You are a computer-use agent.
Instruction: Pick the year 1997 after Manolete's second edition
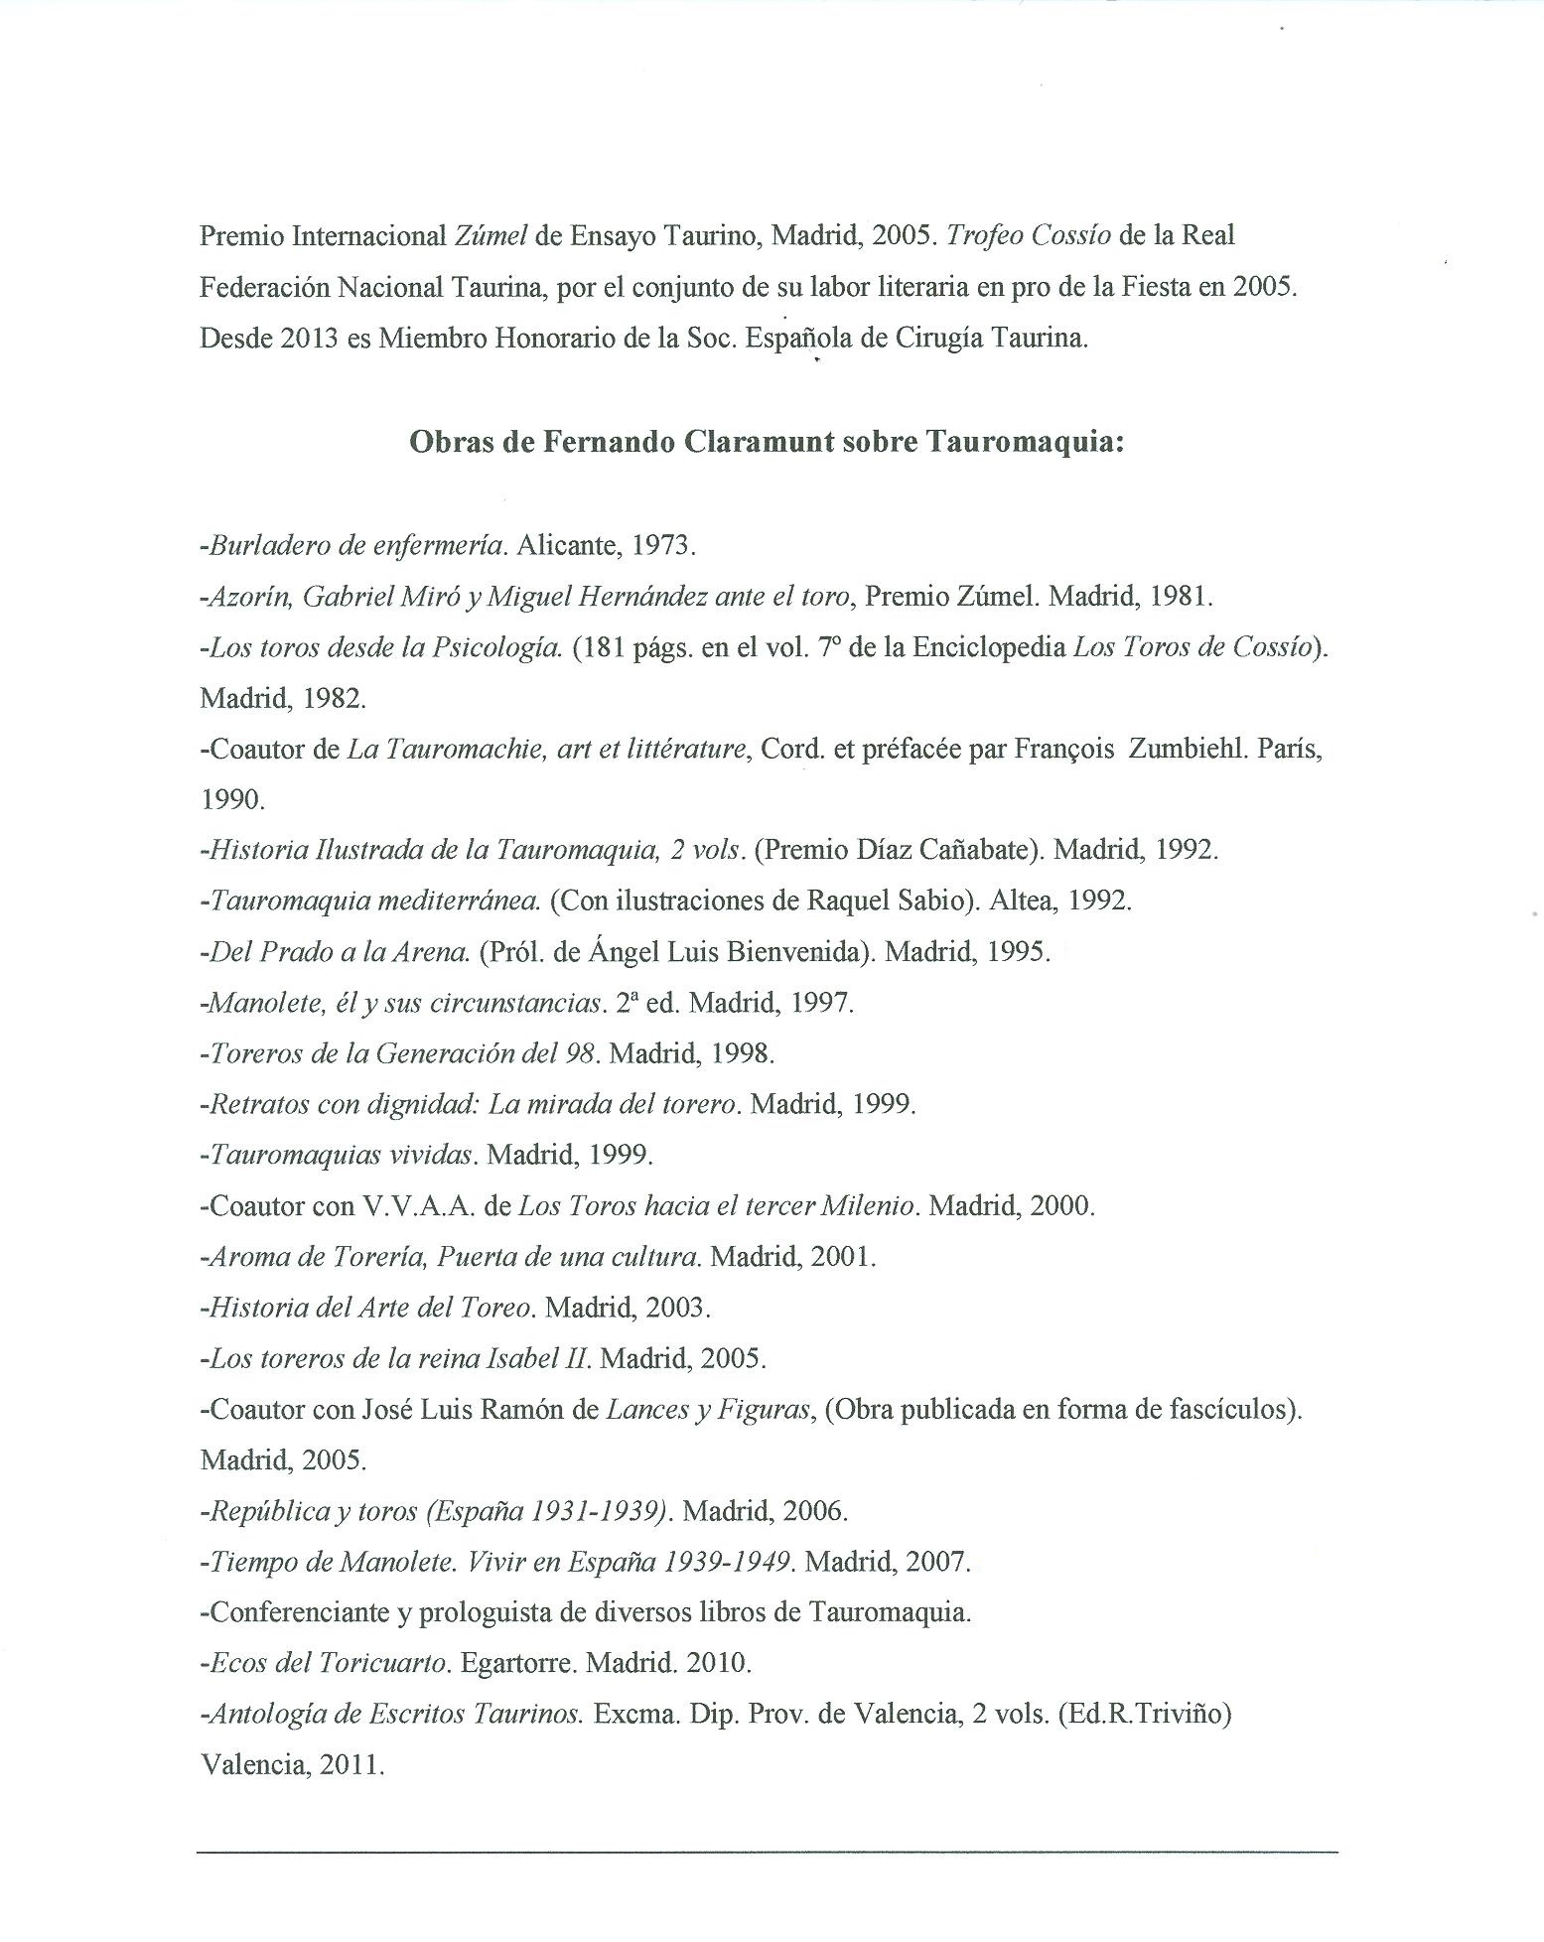(x=821, y=1002)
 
